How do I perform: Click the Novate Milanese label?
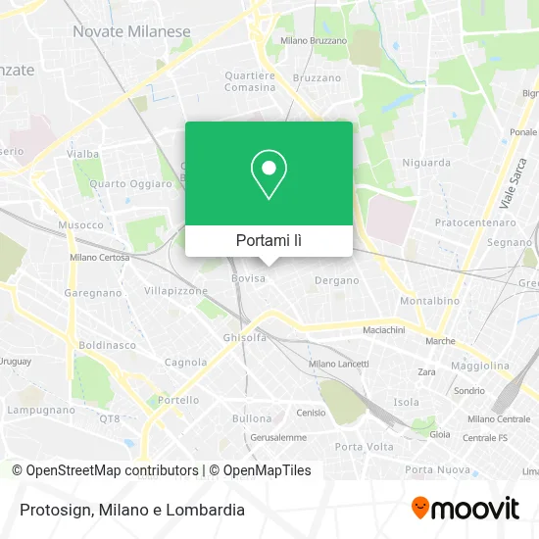coord(131,31)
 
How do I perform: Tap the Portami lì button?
coord(269,240)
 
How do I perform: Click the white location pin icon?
coord(269,174)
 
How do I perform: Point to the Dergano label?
coord(336,280)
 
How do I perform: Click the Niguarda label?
coord(425,162)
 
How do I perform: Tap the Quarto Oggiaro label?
coord(122,183)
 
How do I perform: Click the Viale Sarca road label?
coord(508,186)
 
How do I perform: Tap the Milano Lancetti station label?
coord(338,363)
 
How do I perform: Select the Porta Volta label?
coord(364,447)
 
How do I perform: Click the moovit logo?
coord(465,509)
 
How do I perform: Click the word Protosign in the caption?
coord(54,510)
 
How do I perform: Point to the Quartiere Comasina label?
coord(250,80)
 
